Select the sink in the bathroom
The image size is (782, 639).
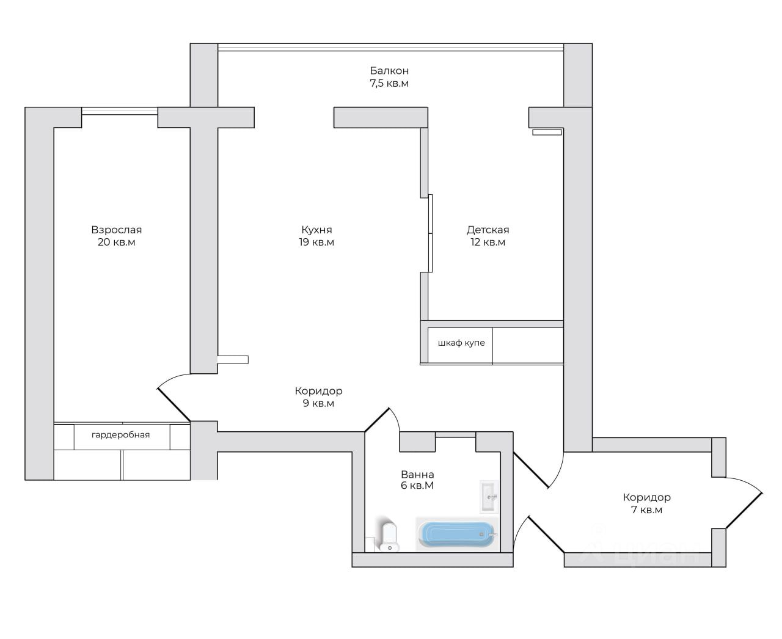(489, 497)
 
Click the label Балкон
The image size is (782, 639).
(389, 70)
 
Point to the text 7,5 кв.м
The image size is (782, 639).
(389, 84)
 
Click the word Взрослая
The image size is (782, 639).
(117, 230)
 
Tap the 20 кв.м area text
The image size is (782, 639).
(117, 243)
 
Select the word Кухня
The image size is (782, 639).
(316, 230)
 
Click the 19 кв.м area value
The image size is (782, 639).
(316, 243)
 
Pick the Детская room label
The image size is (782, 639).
(488, 230)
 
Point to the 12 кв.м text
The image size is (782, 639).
(488, 243)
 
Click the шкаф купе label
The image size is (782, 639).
(461, 343)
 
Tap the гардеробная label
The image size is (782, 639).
(120, 434)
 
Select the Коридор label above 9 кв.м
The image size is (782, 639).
(318, 391)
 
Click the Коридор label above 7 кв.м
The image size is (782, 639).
(646, 497)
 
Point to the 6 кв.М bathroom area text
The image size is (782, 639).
(417, 486)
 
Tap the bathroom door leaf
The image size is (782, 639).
(377, 420)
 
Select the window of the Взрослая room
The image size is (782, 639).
(120, 111)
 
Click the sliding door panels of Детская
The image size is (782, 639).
(431, 233)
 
